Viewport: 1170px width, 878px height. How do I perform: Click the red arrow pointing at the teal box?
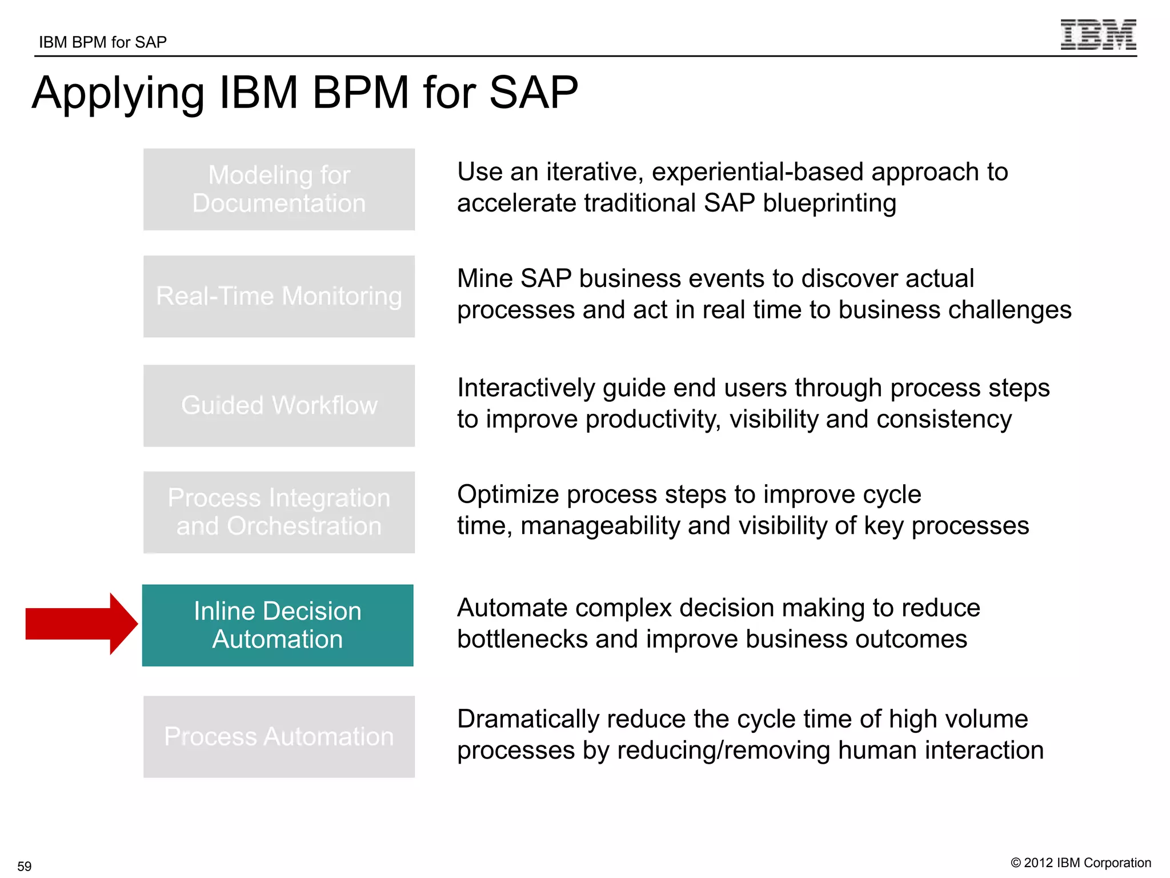(80, 624)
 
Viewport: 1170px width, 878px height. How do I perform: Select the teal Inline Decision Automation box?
(278, 625)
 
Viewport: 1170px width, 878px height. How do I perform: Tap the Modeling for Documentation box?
(279, 189)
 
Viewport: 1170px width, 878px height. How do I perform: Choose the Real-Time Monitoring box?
(279, 296)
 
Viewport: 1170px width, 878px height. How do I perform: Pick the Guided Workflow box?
(279, 405)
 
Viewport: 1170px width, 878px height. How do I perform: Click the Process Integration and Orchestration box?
(279, 512)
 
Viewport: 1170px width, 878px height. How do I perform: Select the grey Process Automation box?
(279, 736)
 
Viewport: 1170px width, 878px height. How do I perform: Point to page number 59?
(25, 865)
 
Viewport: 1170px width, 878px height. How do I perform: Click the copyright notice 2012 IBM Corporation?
(1081, 863)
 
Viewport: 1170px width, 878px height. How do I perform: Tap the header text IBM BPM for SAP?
(103, 42)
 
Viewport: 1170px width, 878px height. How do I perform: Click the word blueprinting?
(829, 203)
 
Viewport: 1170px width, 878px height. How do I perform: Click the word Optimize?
(507, 494)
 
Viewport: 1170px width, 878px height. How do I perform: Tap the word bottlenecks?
(522, 639)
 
